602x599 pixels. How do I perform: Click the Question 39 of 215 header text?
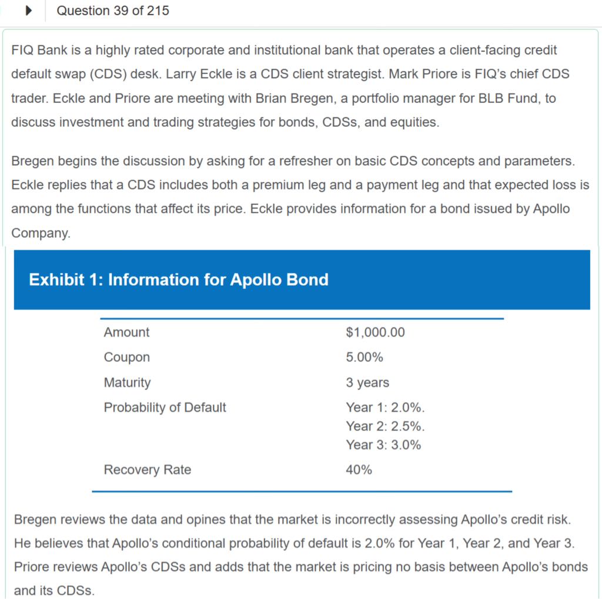click(x=113, y=11)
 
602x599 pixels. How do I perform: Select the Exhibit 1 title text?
click(x=179, y=280)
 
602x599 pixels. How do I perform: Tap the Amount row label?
click(x=126, y=332)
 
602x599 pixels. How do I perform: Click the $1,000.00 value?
click(x=375, y=332)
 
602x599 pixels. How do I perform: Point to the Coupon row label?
click(x=126, y=357)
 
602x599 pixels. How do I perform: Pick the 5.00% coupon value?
click(x=364, y=357)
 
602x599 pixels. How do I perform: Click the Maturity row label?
click(x=127, y=382)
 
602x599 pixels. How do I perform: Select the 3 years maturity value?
click(x=367, y=382)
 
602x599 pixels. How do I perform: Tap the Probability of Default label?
click(x=165, y=408)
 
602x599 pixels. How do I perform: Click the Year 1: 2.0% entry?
click(x=385, y=408)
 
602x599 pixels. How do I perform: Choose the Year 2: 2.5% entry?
click(x=385, y=426)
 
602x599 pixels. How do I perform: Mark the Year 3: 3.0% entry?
click(x=383, y=445)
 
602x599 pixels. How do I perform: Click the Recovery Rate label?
click(x=147, y=470)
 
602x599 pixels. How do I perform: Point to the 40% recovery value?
click(x=359, y=470)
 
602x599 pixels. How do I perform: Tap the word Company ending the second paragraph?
click(x=40, y=233)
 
